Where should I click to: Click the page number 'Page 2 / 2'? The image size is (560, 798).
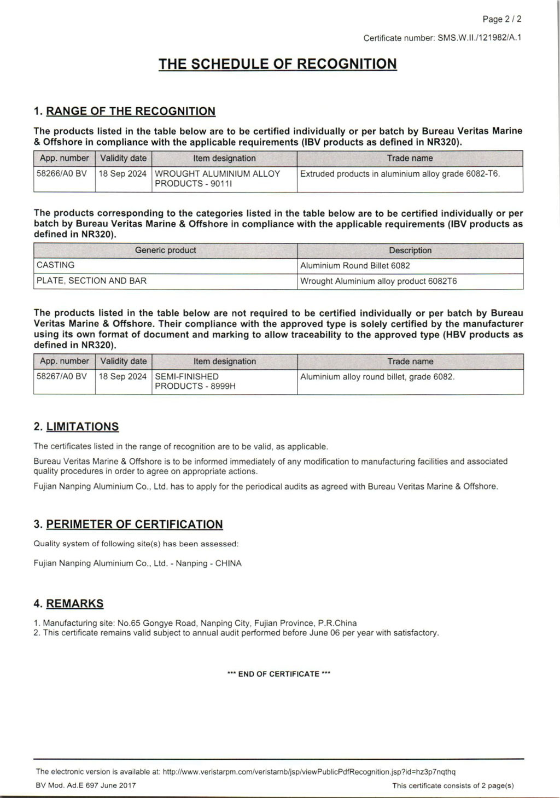point(501,19)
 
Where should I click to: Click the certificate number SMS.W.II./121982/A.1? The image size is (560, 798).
point(479,38)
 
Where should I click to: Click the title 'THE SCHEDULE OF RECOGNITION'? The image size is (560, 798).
point(277,64)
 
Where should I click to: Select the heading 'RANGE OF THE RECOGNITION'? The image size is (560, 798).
point(131,112)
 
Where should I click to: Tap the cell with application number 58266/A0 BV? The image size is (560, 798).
point(62,174)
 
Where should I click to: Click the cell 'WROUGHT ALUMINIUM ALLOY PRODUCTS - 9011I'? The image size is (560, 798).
point(218,178)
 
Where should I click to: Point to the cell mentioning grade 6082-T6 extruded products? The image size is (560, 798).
point(400,174)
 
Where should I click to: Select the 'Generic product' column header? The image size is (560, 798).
point(165,251)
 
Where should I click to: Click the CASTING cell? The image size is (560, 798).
point(56,265)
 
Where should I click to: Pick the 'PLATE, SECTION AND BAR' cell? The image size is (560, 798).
point(91,281)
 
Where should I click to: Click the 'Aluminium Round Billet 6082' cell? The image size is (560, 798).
point(355,266)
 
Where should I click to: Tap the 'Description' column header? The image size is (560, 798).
point(410,251)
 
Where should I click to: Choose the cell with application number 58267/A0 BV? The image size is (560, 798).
point(62,377)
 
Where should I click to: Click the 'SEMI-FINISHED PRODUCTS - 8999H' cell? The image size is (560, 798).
point(195,381)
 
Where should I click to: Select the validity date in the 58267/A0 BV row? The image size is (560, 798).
point(123,377)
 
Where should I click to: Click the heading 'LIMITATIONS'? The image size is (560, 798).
point(82,427)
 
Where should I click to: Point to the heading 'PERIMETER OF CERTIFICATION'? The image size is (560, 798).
point(135,525)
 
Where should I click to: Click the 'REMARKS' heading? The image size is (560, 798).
point(74,604)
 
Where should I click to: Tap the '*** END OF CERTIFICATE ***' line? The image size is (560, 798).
point(278,674)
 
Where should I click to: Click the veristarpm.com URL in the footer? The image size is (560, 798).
point(309,772)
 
